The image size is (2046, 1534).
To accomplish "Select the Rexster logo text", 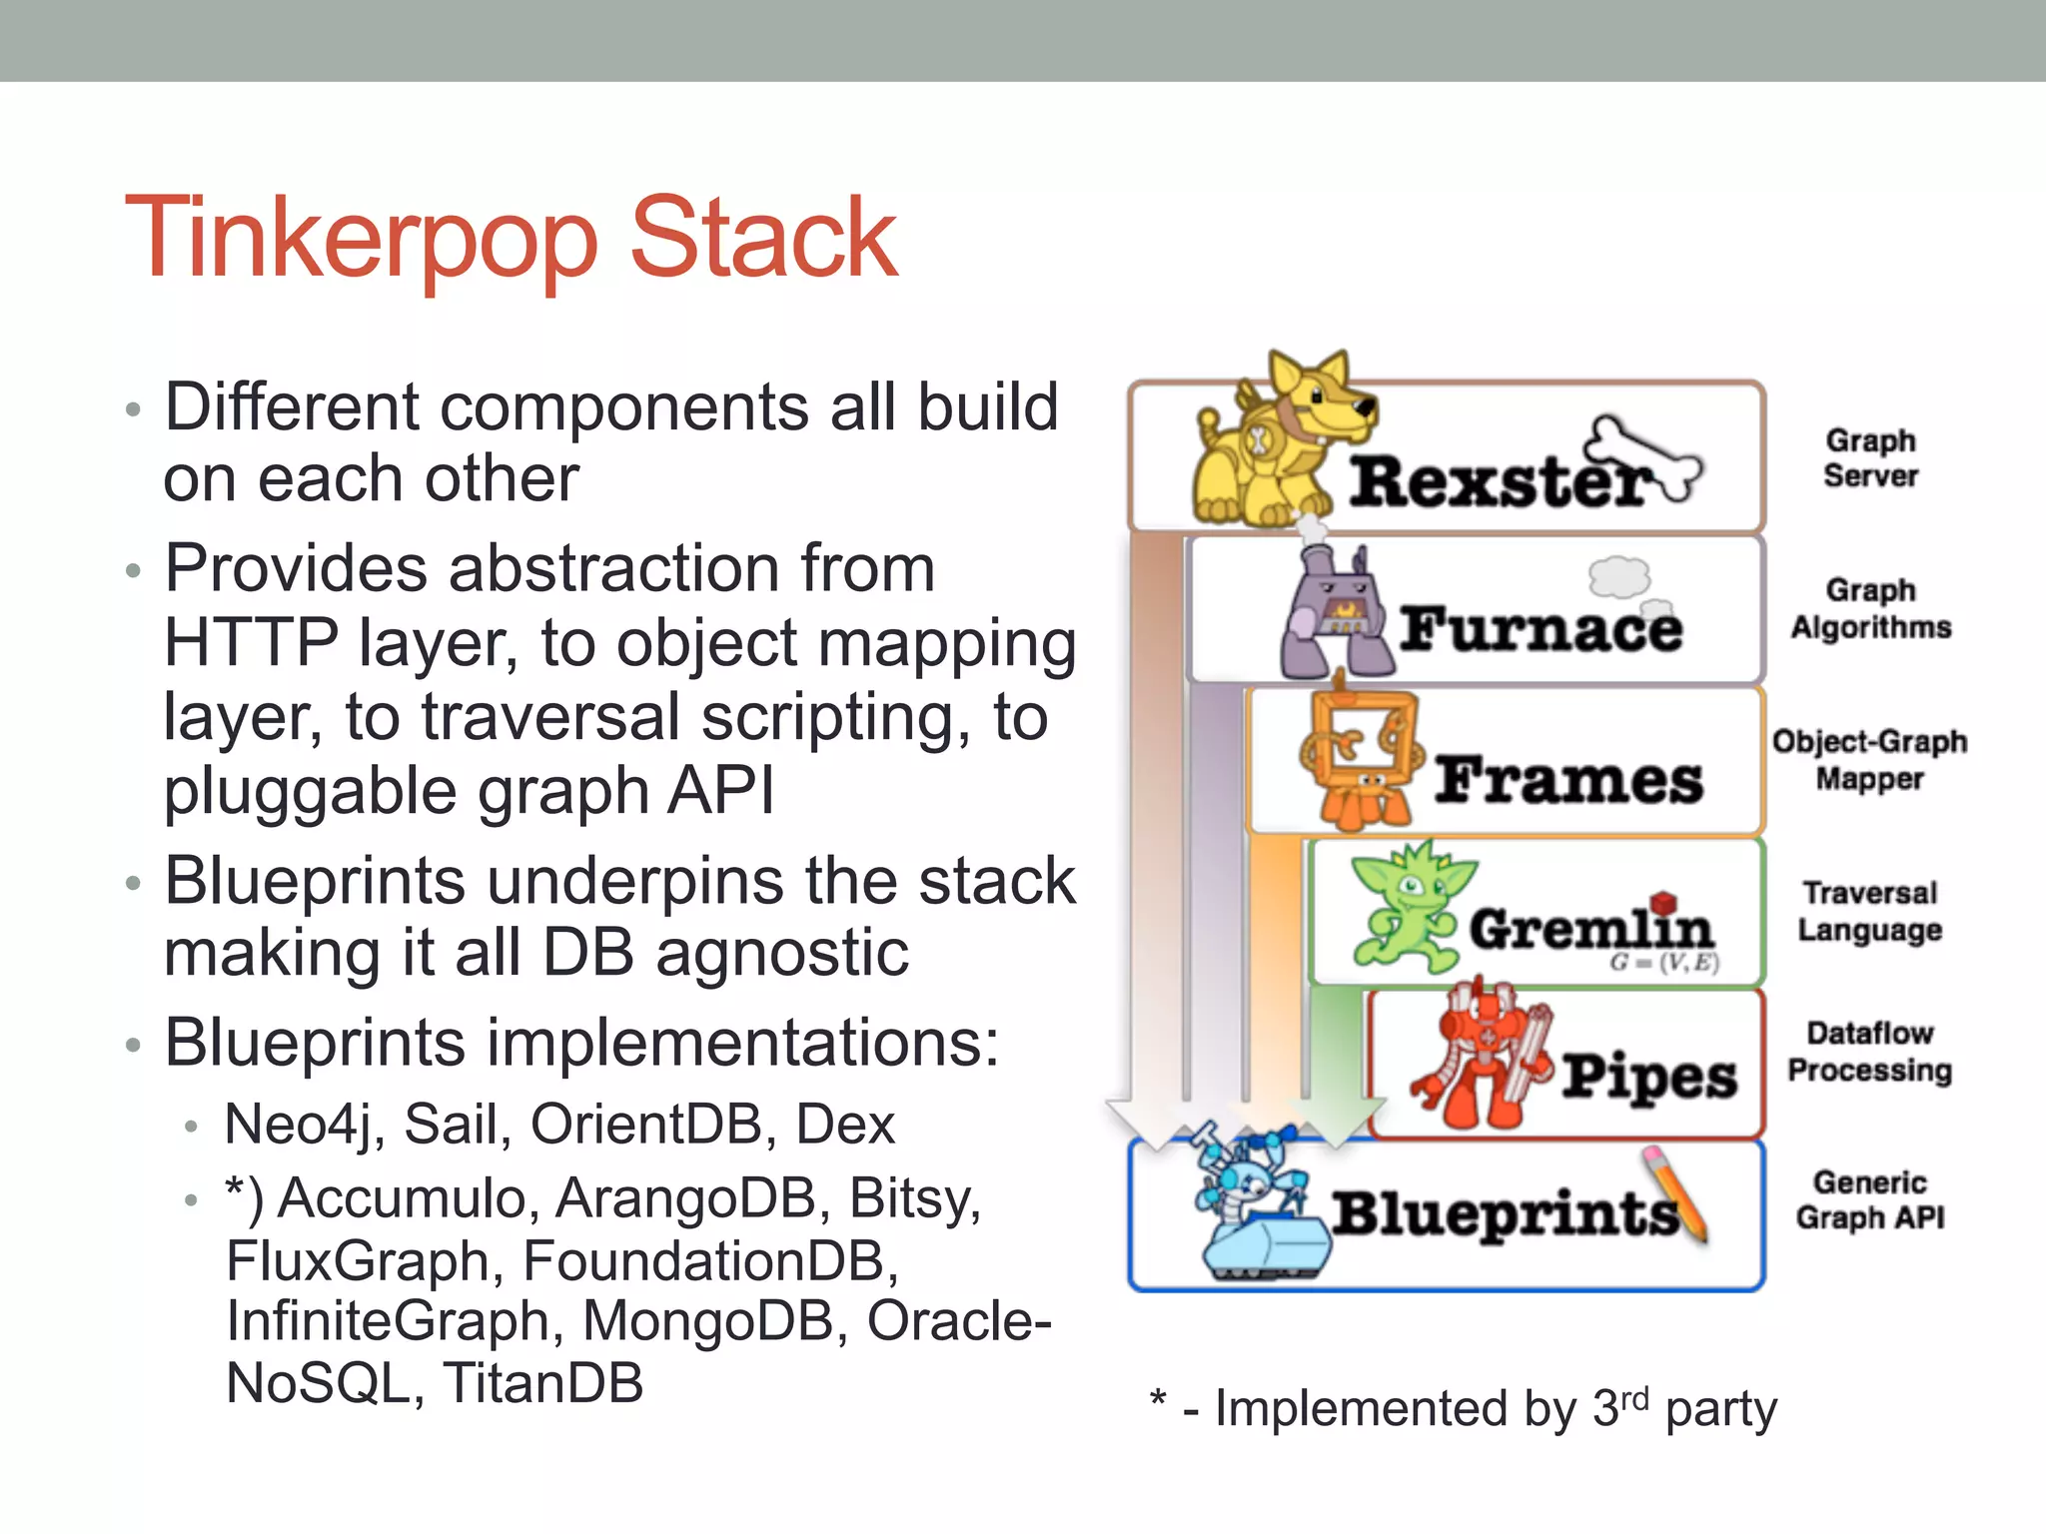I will pyautogui.click(x=1499, y=481).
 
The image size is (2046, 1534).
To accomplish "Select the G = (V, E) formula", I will pyautogui.click(x=1663, y=963).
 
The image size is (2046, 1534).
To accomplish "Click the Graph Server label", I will pyautogui.click(x=1870, y=458).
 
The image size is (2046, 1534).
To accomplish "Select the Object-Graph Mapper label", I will pyautogui.click(x=1869, y=760).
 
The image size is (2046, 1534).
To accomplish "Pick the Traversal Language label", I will pyautogui.click(x=1869, y=911).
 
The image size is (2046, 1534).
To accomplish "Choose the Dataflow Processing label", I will pyautogui.click(x=1869, y=1052).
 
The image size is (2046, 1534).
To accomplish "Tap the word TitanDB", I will pyautogui.click(x=543, y=1383).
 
